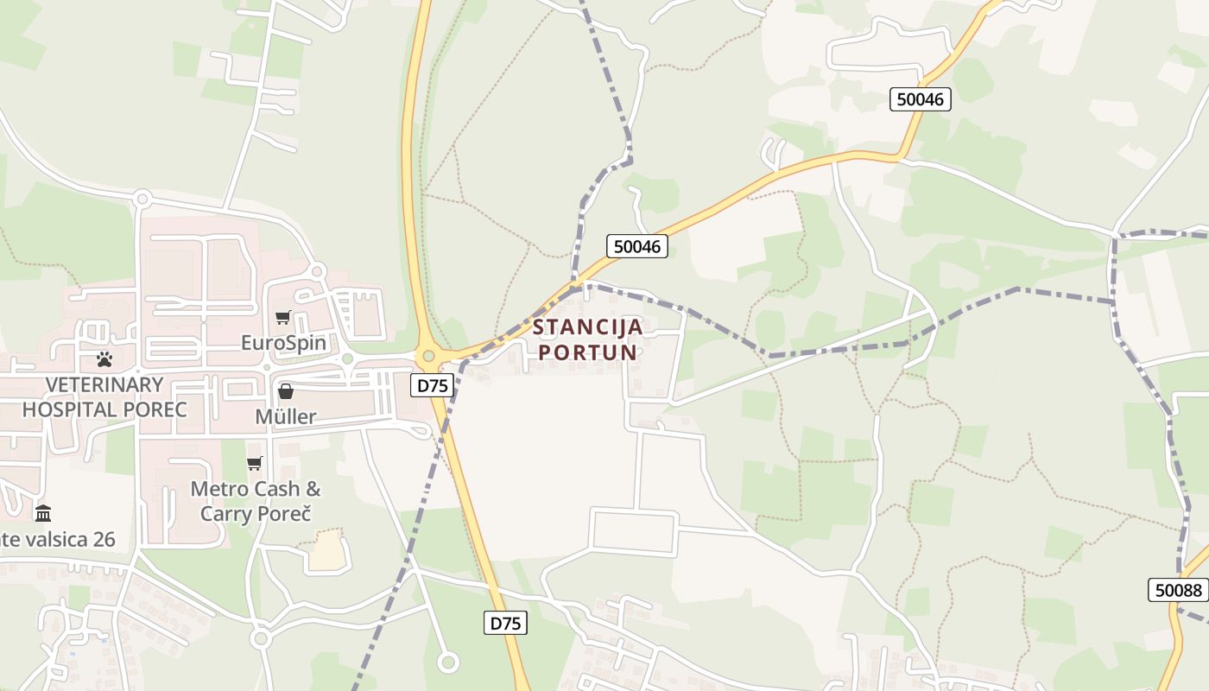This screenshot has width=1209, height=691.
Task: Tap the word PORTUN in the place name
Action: coord(588,352)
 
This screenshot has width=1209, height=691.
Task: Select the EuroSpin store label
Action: coord(283,343)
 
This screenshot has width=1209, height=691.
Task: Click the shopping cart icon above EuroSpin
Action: coord(283,317)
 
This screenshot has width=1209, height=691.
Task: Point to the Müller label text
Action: coord(286,416)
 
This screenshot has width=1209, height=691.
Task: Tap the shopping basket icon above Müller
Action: coord(286,391)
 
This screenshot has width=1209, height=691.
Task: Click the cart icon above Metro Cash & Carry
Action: coord(255,464)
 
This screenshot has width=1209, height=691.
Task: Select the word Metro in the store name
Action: coord(218,489)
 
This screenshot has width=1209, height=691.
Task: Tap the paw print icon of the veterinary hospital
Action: coord(104,359)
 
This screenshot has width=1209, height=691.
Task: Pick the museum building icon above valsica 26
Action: coord(43,514)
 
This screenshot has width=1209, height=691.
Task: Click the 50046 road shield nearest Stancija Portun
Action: coord(637,246)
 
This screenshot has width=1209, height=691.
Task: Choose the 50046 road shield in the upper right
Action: coord(921,99)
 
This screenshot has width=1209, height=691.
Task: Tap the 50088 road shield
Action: coord(1179,590)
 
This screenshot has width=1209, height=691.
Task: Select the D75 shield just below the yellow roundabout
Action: coord(432,385)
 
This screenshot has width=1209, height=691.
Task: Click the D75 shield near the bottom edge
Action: coord(505,623)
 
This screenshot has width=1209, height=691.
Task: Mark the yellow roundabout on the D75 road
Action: coord(428,356)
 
